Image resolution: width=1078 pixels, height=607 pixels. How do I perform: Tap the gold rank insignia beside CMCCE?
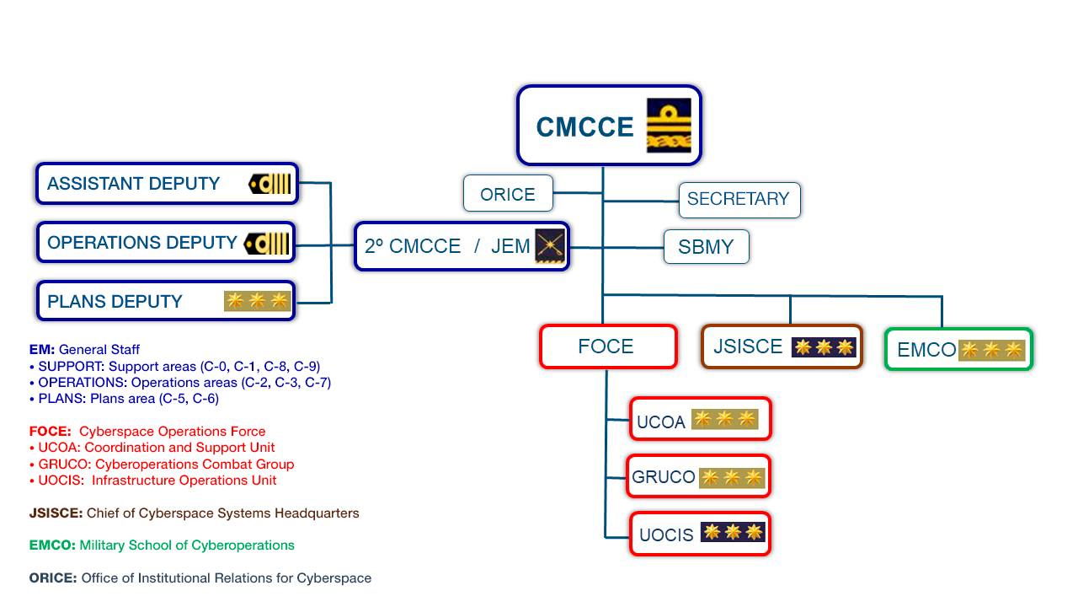point(669,126)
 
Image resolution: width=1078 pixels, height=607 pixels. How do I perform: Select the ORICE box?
point(508,194)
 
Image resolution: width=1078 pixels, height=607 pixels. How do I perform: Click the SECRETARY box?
point(739,200)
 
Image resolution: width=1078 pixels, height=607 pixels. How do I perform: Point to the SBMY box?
point(706,247)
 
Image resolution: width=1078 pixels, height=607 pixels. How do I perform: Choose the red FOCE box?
point(606,346)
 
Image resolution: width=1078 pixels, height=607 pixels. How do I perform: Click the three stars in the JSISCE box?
point(824,347)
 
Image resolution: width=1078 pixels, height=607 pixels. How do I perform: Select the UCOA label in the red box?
point(661,422)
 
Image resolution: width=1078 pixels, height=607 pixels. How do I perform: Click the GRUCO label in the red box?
point(664,477)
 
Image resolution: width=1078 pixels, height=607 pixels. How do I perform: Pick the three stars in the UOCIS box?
point(732,532)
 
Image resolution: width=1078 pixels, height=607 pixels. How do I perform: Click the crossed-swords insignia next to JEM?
point(550,246)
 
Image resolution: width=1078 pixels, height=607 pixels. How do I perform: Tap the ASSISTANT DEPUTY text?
point(133,184)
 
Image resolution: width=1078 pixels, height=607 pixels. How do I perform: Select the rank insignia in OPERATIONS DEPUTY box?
point(267,244)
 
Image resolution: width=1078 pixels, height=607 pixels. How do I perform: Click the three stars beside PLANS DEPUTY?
point(257,301)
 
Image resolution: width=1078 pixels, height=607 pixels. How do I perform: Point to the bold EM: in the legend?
point(42,350)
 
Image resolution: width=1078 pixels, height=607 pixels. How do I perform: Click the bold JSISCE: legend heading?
point(56,513)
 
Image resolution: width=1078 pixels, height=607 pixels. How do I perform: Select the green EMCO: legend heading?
point(52,545)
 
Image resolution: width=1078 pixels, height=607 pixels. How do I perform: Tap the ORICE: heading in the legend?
point(53,578)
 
